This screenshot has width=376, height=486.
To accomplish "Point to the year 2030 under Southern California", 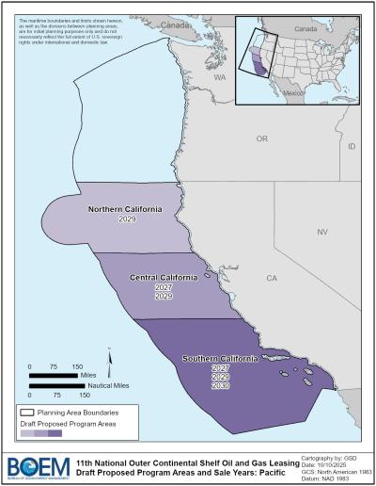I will (x=221, y=386).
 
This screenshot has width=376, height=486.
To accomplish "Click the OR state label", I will (x=262, y=138).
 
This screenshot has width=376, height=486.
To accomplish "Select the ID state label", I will (x=352, y=148).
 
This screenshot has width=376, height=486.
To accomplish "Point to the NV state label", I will (x=321, y=231).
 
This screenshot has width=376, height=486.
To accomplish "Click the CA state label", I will (x=272, y=279).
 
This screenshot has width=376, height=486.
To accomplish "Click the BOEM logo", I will (x=34, y=465).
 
